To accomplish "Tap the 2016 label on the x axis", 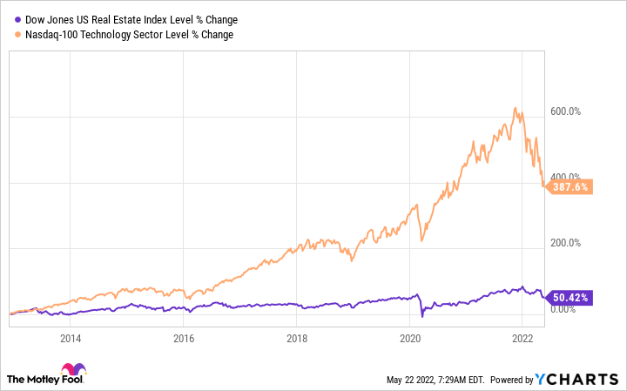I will coord(183,338).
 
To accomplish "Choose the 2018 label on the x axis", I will coord(297,338).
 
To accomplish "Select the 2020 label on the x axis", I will coord(410,338).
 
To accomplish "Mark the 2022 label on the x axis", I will coord(522,338).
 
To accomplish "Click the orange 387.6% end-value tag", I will coord(571,185).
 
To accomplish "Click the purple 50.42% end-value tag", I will coord(571,298).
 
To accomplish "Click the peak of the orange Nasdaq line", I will coord(516,108).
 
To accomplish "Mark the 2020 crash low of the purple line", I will coord(422,316).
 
